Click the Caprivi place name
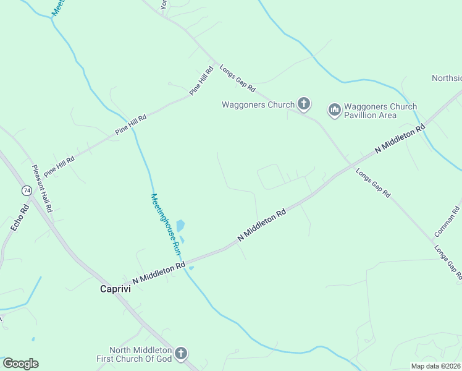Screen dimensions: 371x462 click(x=116, y=289)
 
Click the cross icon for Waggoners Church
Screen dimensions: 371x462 click(x=303, y=104)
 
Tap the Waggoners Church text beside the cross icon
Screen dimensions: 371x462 click(x=258, y=104)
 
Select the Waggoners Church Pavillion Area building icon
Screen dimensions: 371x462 click(x=334, y=110)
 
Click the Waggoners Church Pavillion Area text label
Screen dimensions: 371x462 click(x=380, y=111)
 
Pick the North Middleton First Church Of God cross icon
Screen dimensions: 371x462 click(x=180, y=354)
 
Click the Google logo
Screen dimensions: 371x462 click(x=20, y=364)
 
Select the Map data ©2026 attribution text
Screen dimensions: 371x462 click(x=435, y=365)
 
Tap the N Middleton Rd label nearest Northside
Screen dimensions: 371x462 click(x=401, y=139)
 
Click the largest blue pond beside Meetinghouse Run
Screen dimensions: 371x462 click(x=180, y=226)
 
